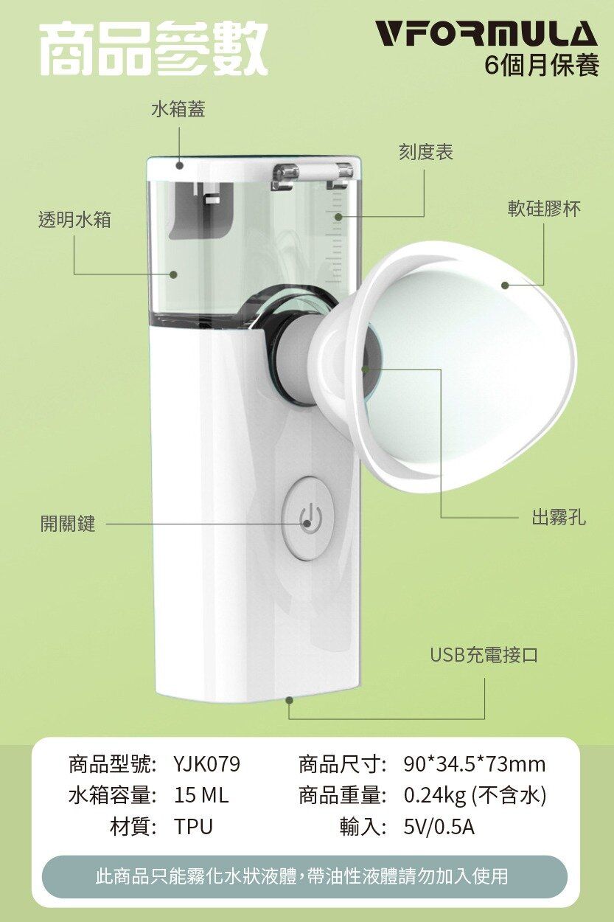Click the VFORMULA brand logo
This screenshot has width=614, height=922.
[x=487, y=34]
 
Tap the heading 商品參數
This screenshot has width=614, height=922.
[x=154, y=48]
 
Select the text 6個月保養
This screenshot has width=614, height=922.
[x=542, y=65]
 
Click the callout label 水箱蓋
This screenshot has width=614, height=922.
[x=178, y=109]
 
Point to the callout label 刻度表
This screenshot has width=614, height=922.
[x=425, y=152]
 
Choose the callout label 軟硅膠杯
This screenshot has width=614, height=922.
[x=544, y=208]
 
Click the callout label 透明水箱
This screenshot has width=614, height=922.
[x=74, y=219]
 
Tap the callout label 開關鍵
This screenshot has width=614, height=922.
[x=68, y=523]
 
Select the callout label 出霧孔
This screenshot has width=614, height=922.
[x=559, y=516]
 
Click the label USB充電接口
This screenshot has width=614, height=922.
[x=484, y=654]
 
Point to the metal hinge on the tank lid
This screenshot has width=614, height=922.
[x=312, y=172]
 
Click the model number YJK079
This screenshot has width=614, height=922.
[x=206, y=764]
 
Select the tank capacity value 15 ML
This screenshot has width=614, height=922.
[x=201, y=795]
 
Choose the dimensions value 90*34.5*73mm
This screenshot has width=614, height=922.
[x=474, y=764]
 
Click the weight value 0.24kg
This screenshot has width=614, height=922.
[x=434, y=796]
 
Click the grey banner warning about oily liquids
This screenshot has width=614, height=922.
[x=304, y=876]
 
